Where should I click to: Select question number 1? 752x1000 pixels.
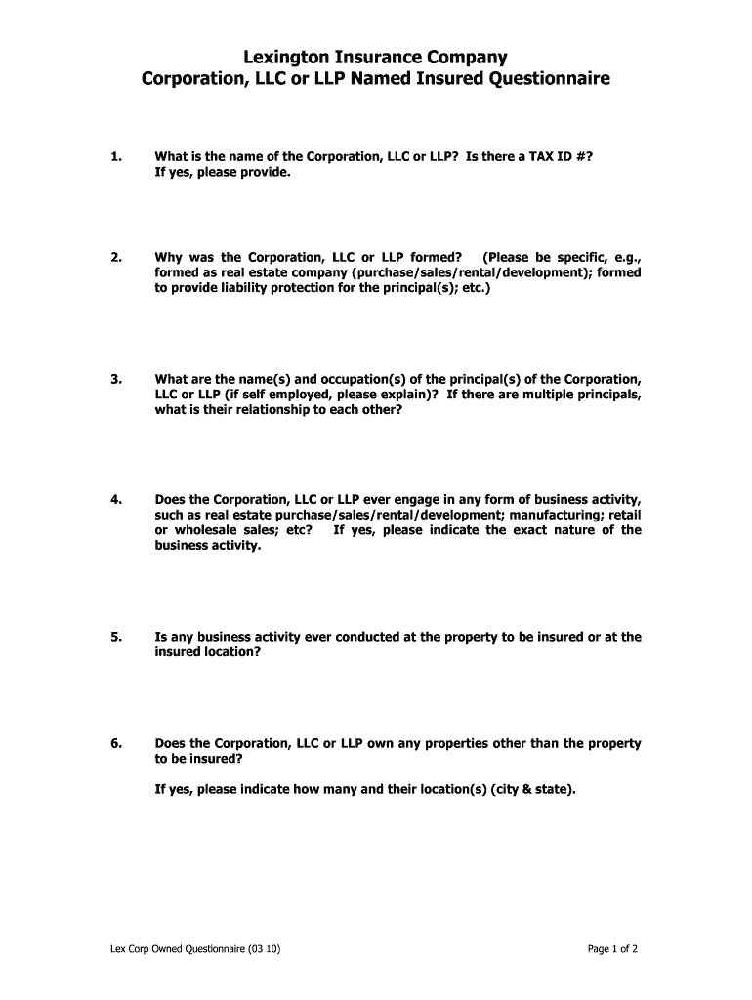tap(116, 156)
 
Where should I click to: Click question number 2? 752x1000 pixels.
tap(116, 257)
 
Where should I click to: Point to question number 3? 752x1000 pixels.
tap(116, 378)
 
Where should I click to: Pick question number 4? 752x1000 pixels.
tap(116, 499)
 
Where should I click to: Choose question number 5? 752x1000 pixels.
tap(116, 637)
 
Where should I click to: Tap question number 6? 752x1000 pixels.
tap(116, 743)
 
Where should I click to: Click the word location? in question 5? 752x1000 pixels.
tap(230, 652)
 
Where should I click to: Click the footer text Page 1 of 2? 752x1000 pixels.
tap(612, 948)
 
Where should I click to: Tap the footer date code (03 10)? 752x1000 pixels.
tap(264, 948)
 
